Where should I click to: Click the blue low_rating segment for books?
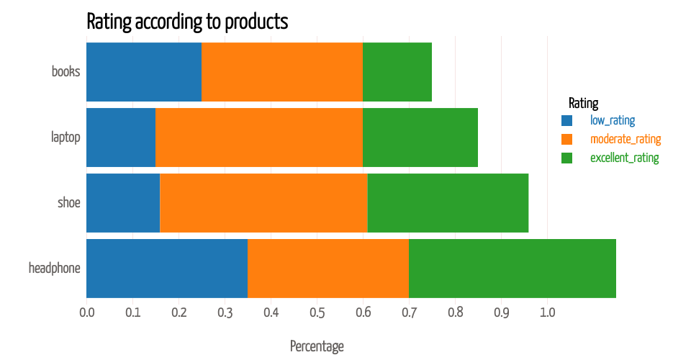(144, 72)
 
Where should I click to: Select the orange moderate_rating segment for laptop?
(259, 138)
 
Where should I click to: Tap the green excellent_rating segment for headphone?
(512, 269)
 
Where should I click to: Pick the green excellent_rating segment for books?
(397, 72)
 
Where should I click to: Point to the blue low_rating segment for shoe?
(123, 203)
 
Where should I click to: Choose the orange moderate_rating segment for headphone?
(328, 269)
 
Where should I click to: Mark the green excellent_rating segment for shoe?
(448, 203)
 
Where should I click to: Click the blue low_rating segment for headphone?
(167, 269)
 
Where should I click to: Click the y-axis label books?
(66, 72)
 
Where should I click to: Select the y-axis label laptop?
(66, 138)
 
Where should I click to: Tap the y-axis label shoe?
(69, 203)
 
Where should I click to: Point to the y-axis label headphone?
(54, 269)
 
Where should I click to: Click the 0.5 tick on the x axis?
(317, 313)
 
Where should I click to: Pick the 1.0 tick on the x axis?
(547, 313)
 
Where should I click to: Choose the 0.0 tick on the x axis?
(86, 313)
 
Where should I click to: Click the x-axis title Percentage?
(317, 346)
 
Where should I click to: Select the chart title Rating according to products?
(187, 22)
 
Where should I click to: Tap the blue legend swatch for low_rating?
(566, 120)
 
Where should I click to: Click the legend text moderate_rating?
(625, 139)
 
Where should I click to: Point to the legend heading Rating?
(583, 103)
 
